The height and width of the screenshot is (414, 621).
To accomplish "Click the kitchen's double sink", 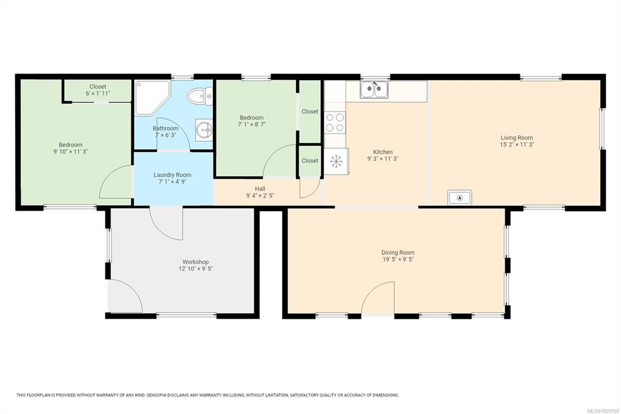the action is click(x=374, y=90).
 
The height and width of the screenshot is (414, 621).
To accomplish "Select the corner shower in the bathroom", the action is click(x=152, y=98).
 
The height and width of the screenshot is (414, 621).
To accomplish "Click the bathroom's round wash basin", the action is click(x=204, y=130).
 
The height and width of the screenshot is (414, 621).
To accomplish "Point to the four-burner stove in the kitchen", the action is click(x=335, y=123).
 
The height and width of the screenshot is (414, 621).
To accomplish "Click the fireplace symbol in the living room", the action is click(x=460, y=197).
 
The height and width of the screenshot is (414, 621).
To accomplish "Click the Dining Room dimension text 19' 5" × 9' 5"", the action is click(x=398, y=259).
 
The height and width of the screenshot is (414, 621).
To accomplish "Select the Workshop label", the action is click(x=196, y=262).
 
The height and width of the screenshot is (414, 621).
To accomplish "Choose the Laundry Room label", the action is click(x=172, y=175).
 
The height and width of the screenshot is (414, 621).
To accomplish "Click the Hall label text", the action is click(x=260, y=189).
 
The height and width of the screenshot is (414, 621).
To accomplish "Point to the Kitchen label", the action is click(x=383, y=152).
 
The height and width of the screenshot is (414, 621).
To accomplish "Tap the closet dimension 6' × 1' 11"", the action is click(x=98, y=93).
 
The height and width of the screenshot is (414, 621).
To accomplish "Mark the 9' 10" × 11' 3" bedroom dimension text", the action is click(x=71, y=152).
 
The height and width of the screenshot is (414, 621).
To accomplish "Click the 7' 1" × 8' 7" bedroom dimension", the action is click(x=252, y=124).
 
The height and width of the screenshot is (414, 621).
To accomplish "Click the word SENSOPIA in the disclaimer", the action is click(x=158, y=395).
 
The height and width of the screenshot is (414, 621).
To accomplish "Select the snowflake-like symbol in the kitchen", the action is click(x=336, y=161).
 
